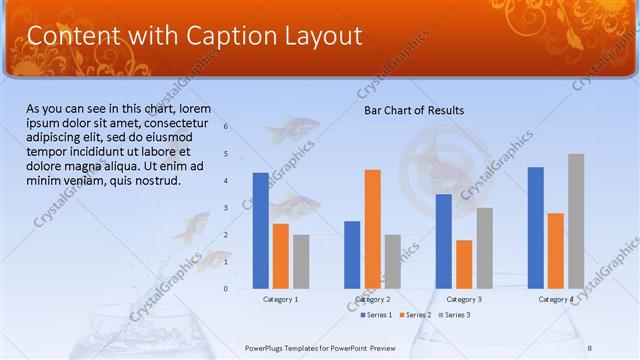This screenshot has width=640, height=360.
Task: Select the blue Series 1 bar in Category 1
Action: click(260, 230)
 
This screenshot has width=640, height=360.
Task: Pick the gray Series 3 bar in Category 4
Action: click(576, 221)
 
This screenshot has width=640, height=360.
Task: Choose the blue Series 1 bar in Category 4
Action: click(535, 227)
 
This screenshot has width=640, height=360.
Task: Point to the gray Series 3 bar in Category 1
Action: click(301, 261)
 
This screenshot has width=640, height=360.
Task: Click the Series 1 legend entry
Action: click(376, 315)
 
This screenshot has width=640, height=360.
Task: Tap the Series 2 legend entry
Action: click(415, 315)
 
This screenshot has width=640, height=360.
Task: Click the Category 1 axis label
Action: click(280, 299)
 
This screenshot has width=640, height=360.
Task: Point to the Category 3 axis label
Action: click(464, 299)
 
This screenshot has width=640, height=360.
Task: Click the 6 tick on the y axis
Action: click(226, 127)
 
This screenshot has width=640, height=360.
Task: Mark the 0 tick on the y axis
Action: click(226, 289)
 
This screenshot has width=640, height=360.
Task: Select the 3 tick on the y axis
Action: click(226, 208)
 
